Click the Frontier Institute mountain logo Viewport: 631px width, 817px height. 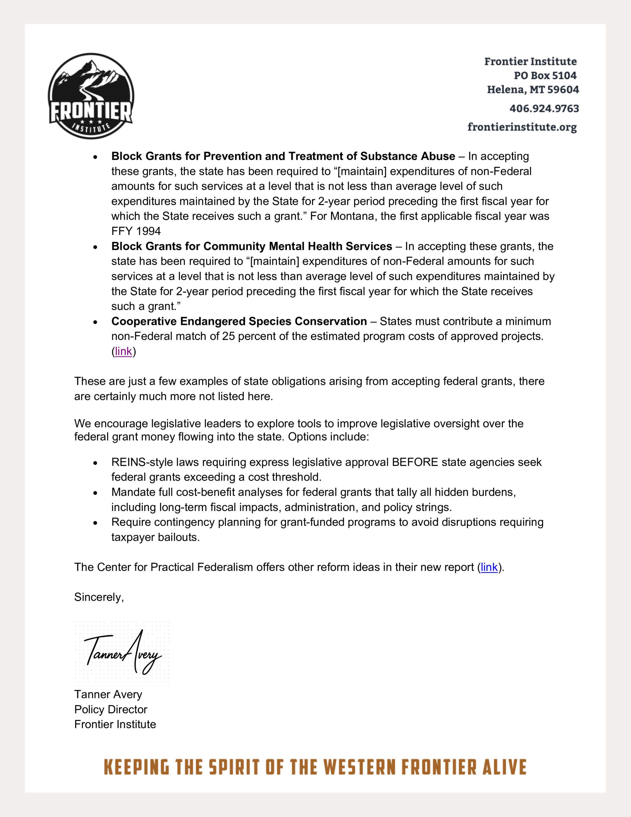[x=91, y=96]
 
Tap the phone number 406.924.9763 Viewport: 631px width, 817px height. [x=544, y=109]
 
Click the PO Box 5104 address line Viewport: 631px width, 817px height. [x=545, y=76]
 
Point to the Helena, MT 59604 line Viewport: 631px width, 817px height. [x=533, y=90]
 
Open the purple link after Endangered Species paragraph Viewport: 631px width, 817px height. [x=123, y=351]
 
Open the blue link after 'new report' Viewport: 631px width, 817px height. [x=489, y=567]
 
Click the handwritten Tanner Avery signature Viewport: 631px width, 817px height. [x=123, y=653]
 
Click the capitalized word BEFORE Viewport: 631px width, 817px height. [x=415, y=462]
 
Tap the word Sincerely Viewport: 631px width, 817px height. [x=99, y=597]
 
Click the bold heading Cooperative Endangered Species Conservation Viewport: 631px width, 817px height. [x=239, y=321]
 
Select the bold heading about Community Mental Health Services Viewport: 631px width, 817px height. [x=252, y=246]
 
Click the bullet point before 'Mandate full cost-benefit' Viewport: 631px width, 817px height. [x=95, y=493]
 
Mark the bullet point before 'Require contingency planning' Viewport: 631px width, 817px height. [x=95, y=523]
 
